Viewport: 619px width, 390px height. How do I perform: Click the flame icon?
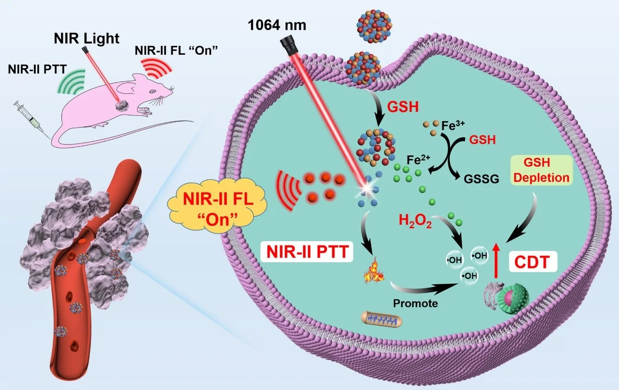pos(373,276)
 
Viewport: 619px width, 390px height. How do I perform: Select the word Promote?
pos(416,303)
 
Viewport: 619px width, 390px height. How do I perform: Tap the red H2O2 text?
pos(415,221)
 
